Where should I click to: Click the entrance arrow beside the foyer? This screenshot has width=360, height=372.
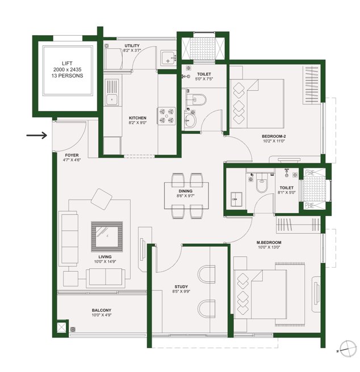tap(37, 136)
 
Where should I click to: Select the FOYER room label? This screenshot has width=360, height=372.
tap(72, 154)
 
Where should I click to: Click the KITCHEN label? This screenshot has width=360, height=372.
tap(138, 118)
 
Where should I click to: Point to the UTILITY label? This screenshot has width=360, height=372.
tap(132, 45)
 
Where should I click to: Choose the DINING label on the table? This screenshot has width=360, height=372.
tap(186, 192)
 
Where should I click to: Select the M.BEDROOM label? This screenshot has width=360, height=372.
tap(269, 242)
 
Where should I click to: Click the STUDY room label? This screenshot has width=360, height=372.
tap(182, 287)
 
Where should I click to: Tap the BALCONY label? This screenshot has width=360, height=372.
tap(102, 310)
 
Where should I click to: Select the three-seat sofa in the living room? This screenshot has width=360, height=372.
tap(69, 239)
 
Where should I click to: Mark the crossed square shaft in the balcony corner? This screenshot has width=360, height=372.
tap(61, 328)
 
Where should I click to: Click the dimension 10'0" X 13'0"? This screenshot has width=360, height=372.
tap(269, 248)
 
